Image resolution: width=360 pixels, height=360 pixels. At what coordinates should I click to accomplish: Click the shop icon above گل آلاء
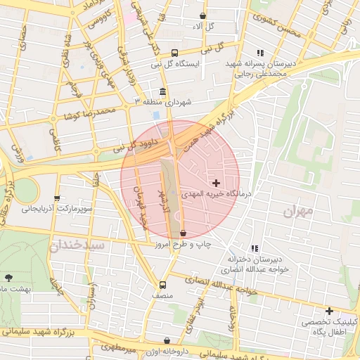coord(203,15)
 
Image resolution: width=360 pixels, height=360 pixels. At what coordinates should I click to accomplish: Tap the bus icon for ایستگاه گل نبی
coord(175,52)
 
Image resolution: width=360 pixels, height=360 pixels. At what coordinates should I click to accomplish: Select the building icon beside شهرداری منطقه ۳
coord(163,91)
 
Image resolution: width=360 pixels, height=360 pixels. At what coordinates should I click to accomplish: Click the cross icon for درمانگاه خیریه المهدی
coord(215,183)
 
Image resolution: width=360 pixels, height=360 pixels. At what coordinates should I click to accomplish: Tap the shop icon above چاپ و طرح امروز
coord(184,233)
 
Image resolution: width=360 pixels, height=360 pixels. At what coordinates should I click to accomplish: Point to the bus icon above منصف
coord(163,285)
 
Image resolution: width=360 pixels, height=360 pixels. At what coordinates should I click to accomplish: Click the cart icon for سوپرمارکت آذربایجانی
coord(57,198)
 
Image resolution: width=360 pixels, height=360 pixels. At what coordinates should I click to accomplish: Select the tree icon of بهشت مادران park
coord(8,278)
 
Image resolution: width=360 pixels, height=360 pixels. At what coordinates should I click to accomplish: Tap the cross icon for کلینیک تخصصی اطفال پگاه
coord(328,311)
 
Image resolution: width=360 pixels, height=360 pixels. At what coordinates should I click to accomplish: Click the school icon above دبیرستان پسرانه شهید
coord(260,53)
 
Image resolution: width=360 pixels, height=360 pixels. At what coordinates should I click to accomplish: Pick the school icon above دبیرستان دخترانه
coord(254,248)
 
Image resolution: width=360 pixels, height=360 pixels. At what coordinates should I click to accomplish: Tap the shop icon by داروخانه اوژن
coord(166,340)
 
